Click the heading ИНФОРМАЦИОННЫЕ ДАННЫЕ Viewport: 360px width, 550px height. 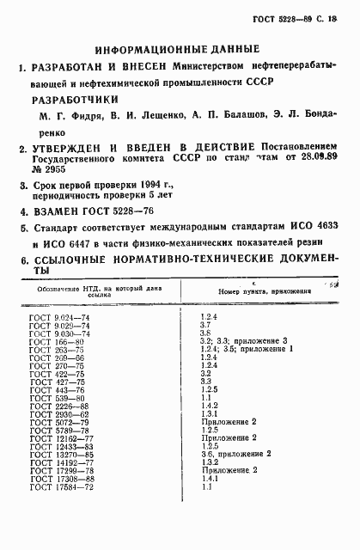pyautogui.click(x=180, y=50)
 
